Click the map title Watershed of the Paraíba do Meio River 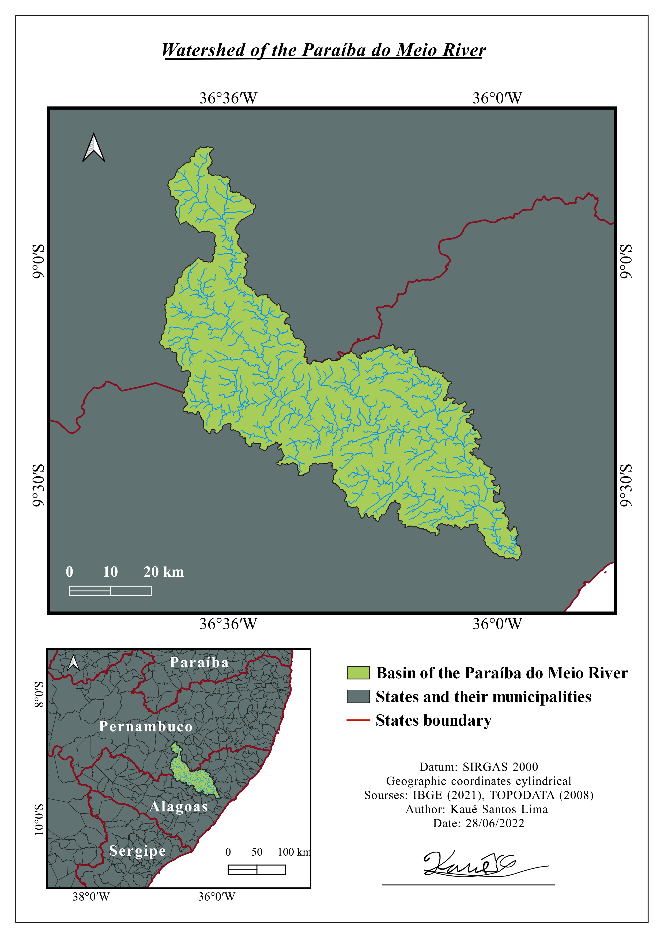pos(323,50)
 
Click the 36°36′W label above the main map pos(228,98)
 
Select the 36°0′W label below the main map pos(497,624)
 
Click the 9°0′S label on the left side pos(38,262)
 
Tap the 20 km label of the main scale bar pos(164,572)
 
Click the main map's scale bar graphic pos(110,591)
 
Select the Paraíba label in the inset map pos(199,662)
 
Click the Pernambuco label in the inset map pos(146,726)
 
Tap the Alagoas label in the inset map pos(179,806)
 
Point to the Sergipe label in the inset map pos(137,850)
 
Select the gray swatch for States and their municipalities pos(358,696)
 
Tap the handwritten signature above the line pos(470,864)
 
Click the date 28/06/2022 pos(495,823)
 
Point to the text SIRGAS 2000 pos(500,767)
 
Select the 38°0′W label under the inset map pos(91,896)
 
